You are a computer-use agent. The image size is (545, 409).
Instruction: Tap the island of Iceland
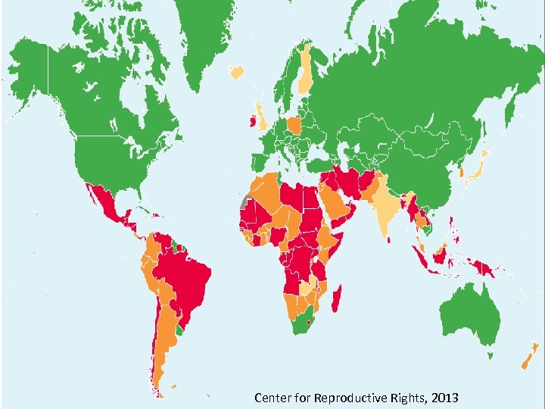coord(237,72)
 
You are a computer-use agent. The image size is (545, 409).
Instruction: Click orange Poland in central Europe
coord(294,125)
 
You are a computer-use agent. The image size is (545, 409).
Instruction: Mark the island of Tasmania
coord(491,354)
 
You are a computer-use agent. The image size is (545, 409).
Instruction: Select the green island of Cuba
coord(144,209)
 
